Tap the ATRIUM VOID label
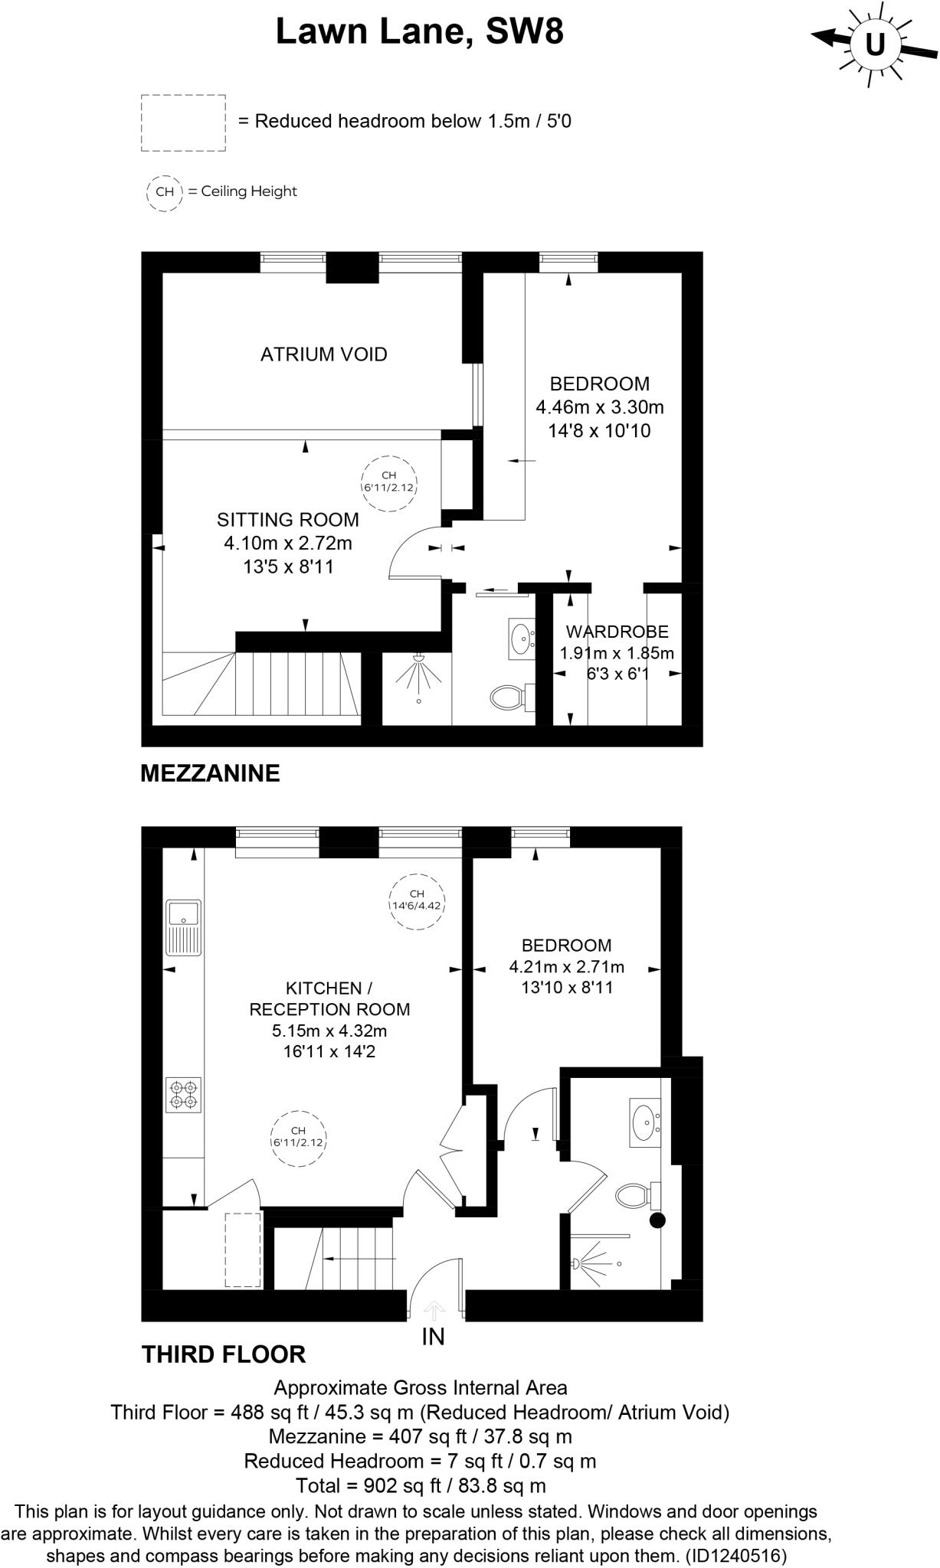click(323, 354)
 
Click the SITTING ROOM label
click(287, 520)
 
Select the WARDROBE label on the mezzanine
click(617, 632)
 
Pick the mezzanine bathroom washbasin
click(522, 638)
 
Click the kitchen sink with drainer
click(183, 927)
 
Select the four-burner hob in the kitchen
click(184, 1094)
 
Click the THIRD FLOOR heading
click(224, 1354)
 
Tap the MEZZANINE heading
click(210, 773)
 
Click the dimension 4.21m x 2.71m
click(566, 967)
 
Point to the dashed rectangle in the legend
click(183, 122)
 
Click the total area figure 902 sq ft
click(398, 1486)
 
